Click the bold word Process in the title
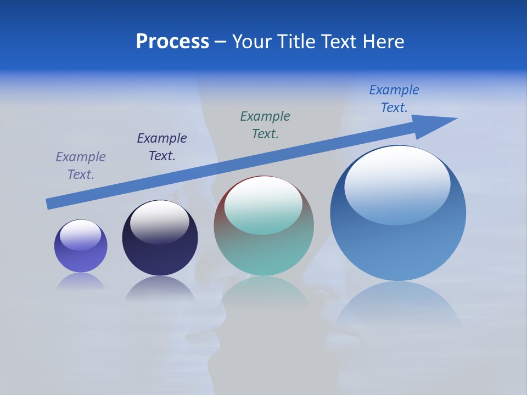tap(172, 42)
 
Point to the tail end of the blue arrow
tap(49, 204)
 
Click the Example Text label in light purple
tap(81, 166)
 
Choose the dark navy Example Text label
tap(162, 147)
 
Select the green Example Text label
tap(265, 125)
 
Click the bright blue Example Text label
tap(394, 99)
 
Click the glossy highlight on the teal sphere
tap(263, 206)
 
